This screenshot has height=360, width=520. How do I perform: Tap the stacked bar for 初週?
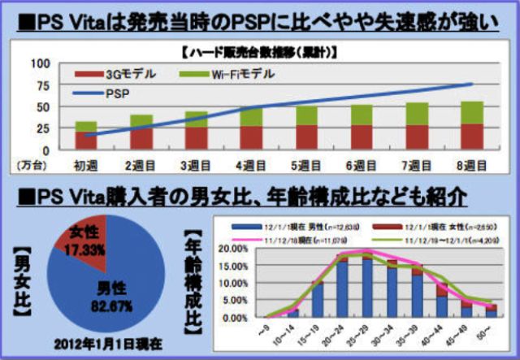point(86,136)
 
